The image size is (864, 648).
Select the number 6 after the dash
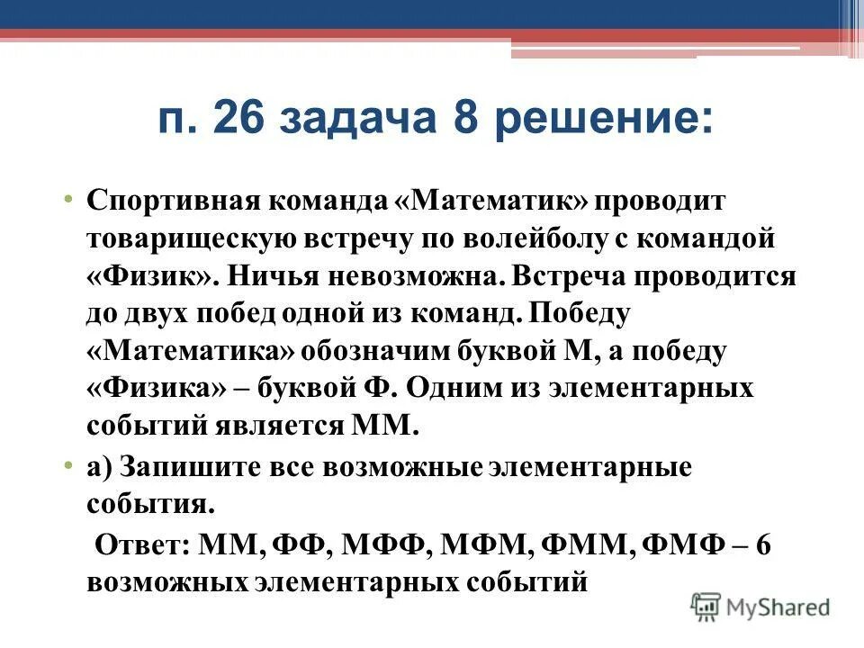(763, 546)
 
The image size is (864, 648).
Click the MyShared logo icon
(706, 607)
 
